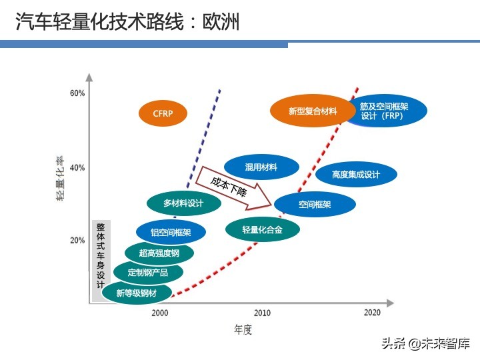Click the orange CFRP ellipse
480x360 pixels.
click(x=163, y=113)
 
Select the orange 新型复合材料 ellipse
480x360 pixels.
click(x=313, y=111)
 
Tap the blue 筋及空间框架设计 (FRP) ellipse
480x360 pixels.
click(x=384, y=111)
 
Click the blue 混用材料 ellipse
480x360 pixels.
click(x=261, y=167)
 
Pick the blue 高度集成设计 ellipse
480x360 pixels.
click(x=356, y=175)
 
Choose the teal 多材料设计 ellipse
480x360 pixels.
click(x=183, y=203)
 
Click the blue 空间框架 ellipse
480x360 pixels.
click(x=315, y=205)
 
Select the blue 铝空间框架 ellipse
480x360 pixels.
click(x=171, y=233)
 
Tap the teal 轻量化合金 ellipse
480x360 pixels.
click(x=262, y=229)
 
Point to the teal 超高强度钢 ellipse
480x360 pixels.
click(x=159, y=253)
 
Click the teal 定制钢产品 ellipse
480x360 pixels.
click(x=148, y=272)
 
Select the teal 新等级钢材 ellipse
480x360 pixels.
click(x=137, y=292)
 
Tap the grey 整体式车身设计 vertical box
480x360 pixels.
click(x=101, y=260)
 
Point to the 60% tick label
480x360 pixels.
click(x=77, y=93)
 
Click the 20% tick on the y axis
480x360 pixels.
click(x=77, y=240)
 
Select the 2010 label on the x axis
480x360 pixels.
click(x=262, y=313)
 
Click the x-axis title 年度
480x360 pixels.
click(x=243, y=329)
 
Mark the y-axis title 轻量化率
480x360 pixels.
click(x=59, y=179)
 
